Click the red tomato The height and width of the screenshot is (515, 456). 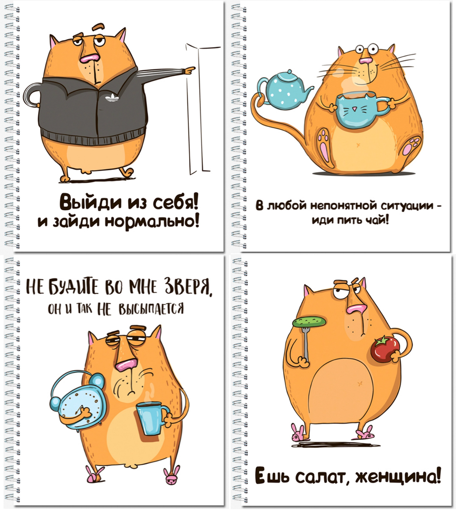pyautogui.click(x=385, y=349)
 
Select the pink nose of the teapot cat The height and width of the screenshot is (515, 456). pyautogui.click(x=365, y=61)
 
